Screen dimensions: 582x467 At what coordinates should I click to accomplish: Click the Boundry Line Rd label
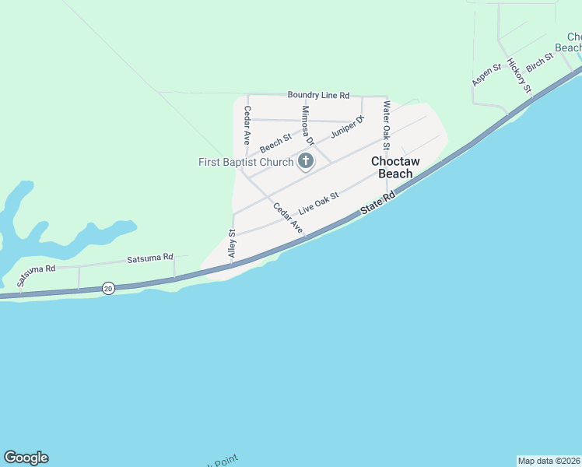pyautogui.click(x=318, y=94)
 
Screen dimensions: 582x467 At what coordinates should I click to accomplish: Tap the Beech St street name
pyautogui.click(x=275, y=143)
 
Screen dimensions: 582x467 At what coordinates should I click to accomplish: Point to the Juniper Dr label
pyautogui.click(x=347, y=127)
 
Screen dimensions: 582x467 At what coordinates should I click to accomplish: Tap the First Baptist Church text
pyautogui.click(x=246, y=162)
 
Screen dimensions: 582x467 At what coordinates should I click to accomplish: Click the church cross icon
pyautogui.click(x=306, y=162)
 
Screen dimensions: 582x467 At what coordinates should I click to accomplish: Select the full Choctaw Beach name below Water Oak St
pyautogui.click(x=395, y=167)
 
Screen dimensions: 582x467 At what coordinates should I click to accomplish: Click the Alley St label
pyautogui.click(x=232, y=244)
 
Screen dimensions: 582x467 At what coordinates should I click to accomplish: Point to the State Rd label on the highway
pyautogui.click(x=378, y=205)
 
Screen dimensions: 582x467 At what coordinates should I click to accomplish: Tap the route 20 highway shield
pyautogui.click(x=108, y=289)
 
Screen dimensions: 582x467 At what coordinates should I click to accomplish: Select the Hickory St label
pyautogui.click(x=518, y=76)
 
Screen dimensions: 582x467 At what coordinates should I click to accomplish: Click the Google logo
pyautogui.click(x=26, y=458)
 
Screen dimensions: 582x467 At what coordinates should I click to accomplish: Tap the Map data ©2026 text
pyautogui.click(x=549, y=460)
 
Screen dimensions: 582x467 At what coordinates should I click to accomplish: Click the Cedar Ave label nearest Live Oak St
pyautogui.click(x=287, y=219)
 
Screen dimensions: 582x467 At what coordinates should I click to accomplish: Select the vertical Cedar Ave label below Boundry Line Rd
pyautogui.click(x=247, y=125)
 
